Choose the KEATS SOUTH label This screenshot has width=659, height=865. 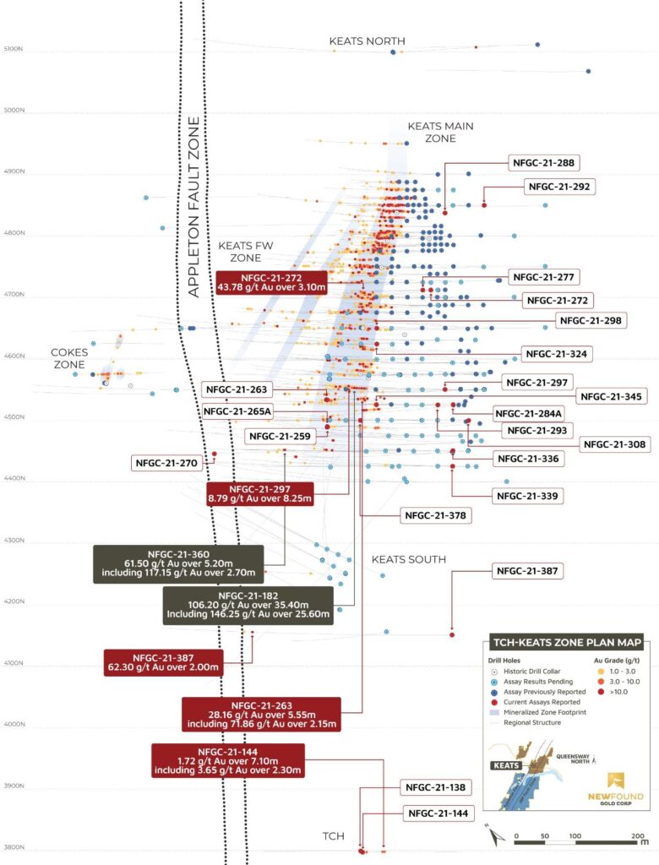409,560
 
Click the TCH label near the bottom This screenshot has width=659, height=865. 333,836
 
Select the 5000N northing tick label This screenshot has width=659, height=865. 14,111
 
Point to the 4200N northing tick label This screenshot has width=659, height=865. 14,602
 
